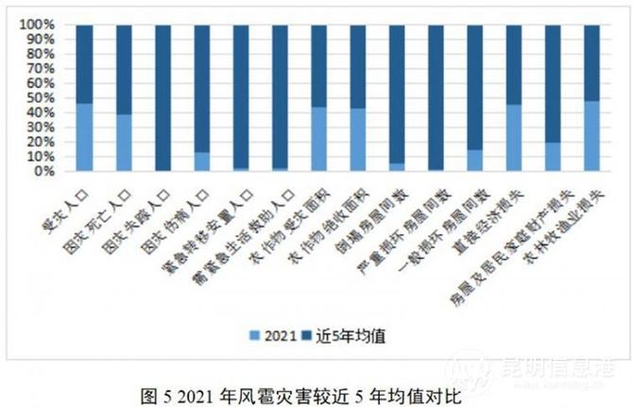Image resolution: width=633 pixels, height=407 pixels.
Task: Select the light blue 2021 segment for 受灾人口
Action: (85, 137)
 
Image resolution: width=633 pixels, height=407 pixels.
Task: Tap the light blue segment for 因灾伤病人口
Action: (201, 161)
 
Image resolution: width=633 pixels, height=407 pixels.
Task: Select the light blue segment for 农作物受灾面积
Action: (318, 139)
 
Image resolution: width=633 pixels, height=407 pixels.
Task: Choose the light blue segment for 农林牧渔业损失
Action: (591, 136)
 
